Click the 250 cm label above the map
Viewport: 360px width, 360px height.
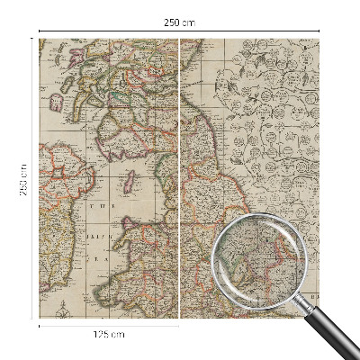click(x=179, y=22)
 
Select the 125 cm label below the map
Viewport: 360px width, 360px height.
click(x=109, y=334)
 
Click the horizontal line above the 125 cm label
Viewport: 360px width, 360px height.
click(x=109, y=325)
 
